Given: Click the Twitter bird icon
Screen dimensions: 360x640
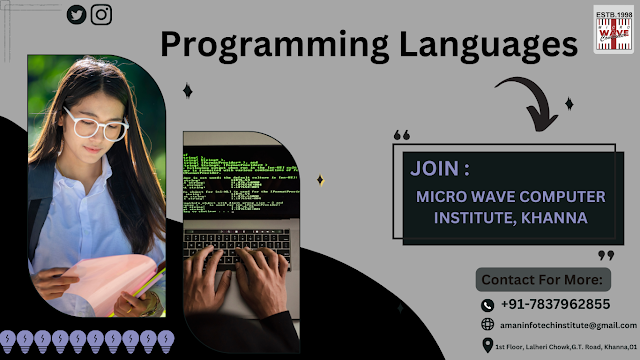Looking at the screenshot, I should point(76,15).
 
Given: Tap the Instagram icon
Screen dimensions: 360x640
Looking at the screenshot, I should point(101,15).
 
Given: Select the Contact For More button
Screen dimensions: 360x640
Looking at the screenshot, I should point(542,279).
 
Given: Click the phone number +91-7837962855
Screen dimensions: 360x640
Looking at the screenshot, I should point(555,304).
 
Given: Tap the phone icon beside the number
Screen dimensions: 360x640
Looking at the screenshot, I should point(487,305).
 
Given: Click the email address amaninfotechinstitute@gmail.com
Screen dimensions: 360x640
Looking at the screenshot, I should point(566,325).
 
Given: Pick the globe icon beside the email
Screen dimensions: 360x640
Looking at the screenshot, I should point(487,325).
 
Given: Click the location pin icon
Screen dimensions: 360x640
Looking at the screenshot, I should point(487,346).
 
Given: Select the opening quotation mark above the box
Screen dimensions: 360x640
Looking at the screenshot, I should point(402,134).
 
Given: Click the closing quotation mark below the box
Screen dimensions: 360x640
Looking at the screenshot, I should point(605,255).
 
